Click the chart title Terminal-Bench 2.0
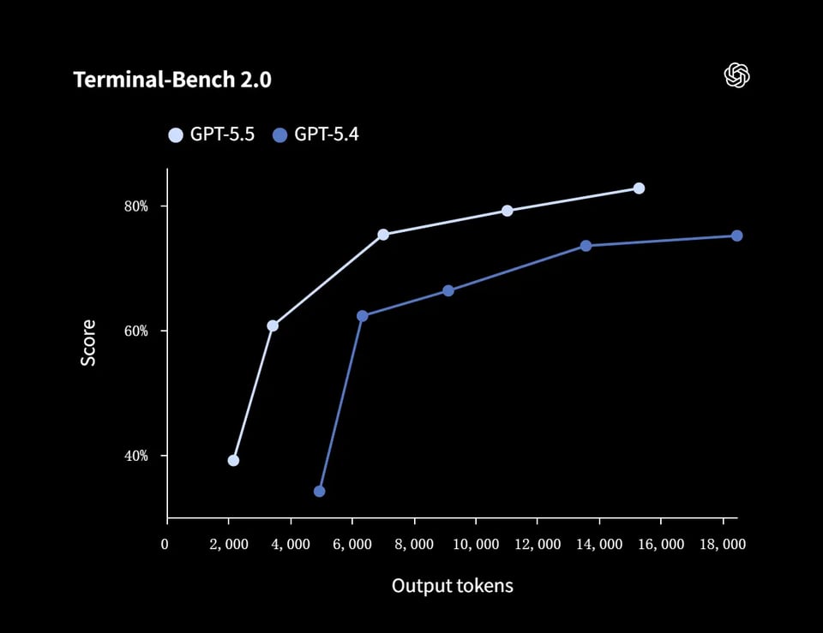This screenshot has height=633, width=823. (x=172, y=80)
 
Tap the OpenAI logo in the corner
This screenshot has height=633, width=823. (x=736, y=75)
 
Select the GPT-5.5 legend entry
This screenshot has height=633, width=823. (x=212, y=134)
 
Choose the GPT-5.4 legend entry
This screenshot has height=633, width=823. (x=315, y=134)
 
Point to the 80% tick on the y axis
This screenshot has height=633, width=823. (x=136, y=206)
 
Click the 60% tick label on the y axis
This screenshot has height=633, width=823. (x=136, y=331)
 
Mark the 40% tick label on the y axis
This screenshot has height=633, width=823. (x=136, y=456)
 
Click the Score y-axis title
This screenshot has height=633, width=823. (x=88, y=343)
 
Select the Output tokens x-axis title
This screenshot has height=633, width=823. (x=452, y=586)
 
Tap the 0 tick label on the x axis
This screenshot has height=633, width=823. (x=165, y=545)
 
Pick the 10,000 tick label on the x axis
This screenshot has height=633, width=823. (x=474, y=545)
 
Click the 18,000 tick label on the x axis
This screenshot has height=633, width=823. (x=722, y=545)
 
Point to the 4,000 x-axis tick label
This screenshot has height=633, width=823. (x=290, y=545)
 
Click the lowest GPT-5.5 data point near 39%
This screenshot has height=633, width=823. (x=233, y=460)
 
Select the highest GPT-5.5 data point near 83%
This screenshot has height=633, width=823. (x=639, y=188)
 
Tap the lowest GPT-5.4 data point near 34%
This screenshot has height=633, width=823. (x=319, y=491)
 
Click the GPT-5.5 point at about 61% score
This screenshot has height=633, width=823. (x=273, y=325)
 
